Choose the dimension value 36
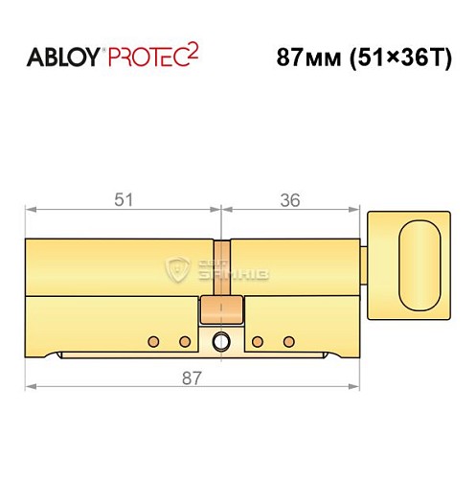[291, 200]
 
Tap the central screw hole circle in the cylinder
[221, 340]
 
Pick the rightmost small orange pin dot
[287, 341]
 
